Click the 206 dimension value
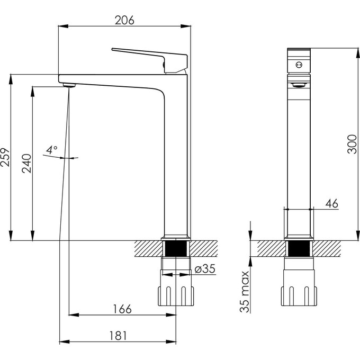124,20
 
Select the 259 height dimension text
5,158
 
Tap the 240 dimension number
26,163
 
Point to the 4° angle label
52,150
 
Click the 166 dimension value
122,309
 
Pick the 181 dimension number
118,336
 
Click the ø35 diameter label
205,268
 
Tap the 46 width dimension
332,203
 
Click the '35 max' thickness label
245,292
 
